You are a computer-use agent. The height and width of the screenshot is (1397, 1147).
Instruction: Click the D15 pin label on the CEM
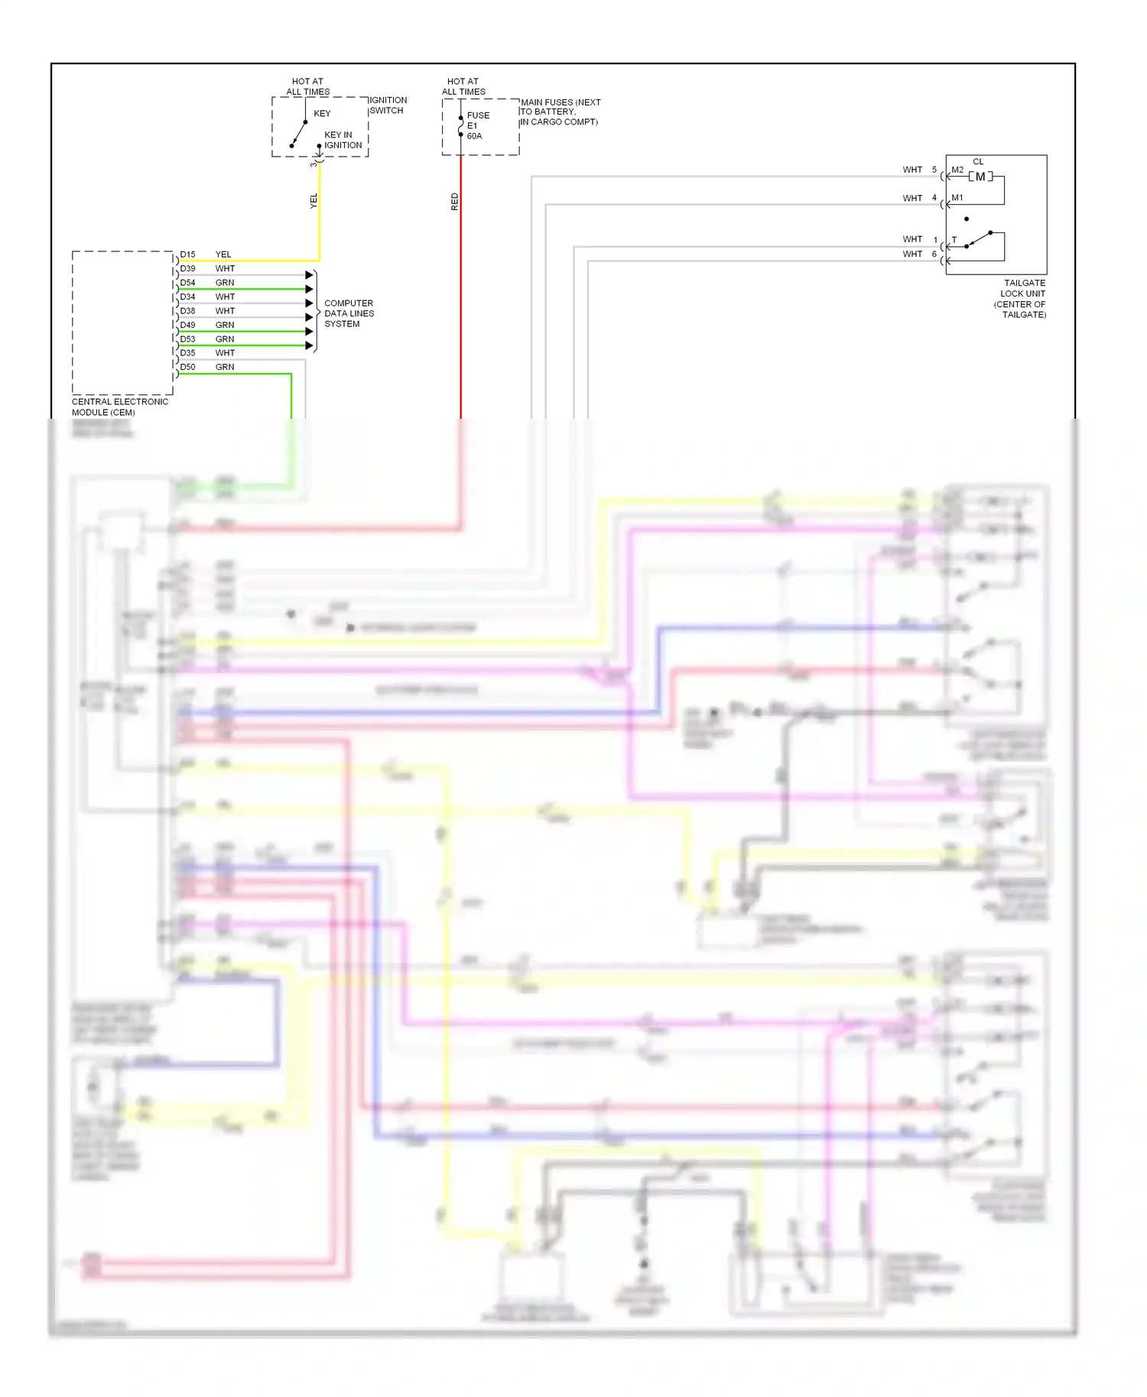pos(187,254)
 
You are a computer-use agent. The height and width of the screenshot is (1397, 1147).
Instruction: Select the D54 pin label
pos(187,283)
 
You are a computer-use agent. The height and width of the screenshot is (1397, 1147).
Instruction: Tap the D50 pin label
pos(187,368)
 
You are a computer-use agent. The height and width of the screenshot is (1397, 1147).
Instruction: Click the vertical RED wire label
pos(455,202)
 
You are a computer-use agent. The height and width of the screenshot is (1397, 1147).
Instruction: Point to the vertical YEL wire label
pos(314,201)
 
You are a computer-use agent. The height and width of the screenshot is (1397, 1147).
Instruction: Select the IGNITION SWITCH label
pos(388,105)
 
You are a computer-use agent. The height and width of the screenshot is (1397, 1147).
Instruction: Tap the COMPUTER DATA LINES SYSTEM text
pos(349,313)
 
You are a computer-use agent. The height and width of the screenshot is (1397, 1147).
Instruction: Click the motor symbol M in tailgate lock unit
pos(980,177)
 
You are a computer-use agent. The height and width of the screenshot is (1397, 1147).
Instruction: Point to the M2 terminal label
pos(957,170)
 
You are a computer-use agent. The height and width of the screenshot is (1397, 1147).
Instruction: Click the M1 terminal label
pos(957,198)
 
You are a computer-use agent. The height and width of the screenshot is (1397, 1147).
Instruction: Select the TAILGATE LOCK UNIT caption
pos(1022,299)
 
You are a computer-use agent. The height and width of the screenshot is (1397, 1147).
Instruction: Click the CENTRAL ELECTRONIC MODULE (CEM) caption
pos(119,407)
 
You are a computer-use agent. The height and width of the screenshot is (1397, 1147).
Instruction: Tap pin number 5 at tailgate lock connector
pos(934,170)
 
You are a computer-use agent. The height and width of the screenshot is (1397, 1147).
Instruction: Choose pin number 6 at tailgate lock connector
pos(934,254)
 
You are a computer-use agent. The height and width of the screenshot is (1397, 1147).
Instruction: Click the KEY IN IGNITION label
pos(343,140)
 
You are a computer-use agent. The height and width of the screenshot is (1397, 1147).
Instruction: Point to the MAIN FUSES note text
pos(560,112)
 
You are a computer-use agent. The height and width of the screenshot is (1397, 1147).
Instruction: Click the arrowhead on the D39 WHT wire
pos(310,275)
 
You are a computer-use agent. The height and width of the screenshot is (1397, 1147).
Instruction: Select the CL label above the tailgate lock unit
pos(978,162)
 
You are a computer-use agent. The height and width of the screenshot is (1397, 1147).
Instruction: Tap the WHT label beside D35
pos(225,353)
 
